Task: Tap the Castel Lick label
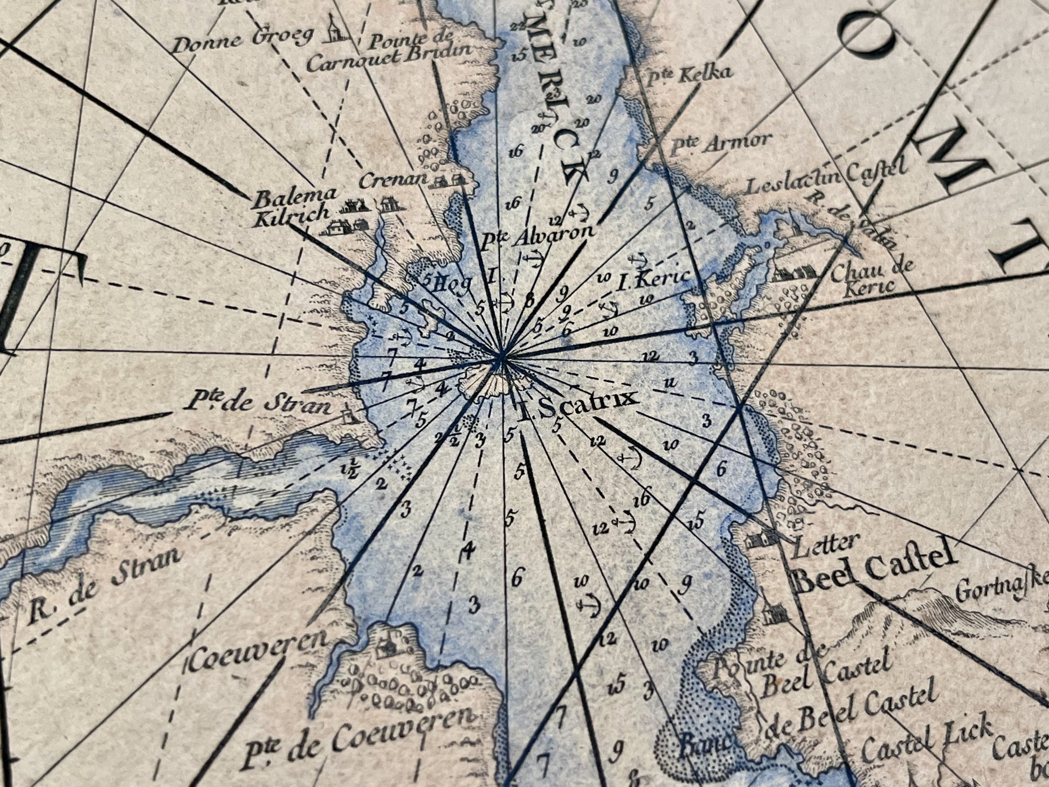coord(927,741)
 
